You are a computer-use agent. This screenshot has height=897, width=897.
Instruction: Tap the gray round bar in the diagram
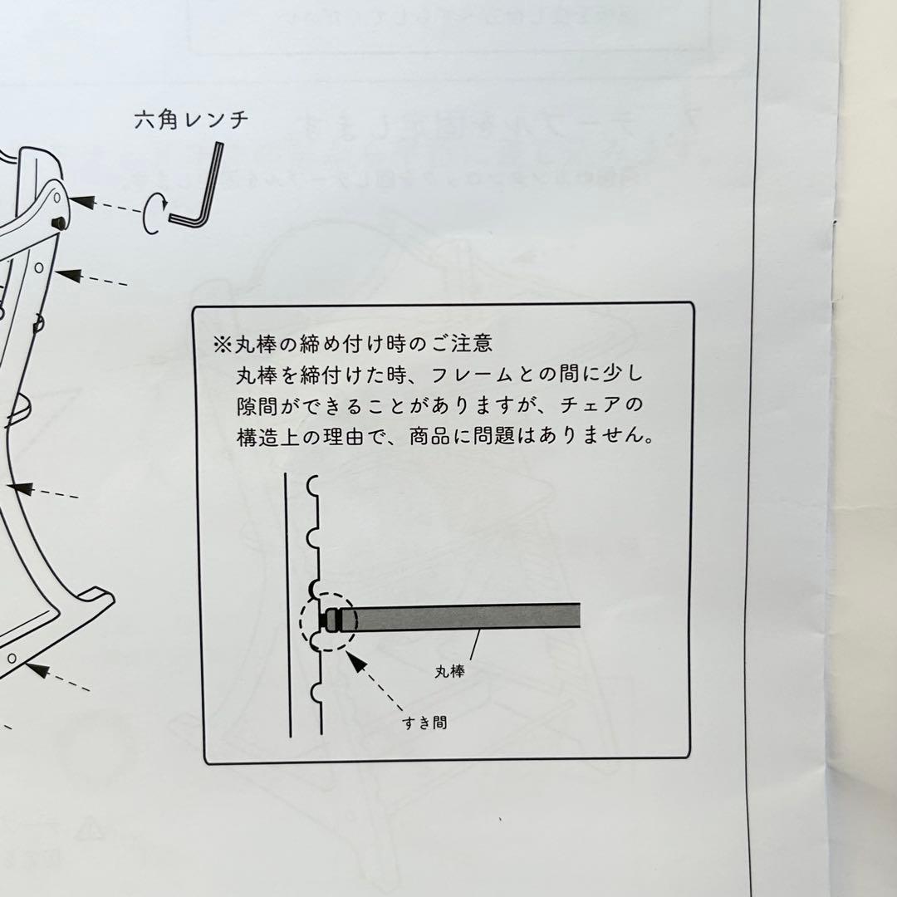[x=465, y=616]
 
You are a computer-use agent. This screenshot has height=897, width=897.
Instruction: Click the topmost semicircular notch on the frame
[x=313, y=483]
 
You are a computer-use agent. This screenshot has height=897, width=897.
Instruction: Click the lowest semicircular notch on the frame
[x=313, y=692]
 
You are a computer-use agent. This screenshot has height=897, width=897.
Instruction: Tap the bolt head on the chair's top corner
[x=61, y=223]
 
